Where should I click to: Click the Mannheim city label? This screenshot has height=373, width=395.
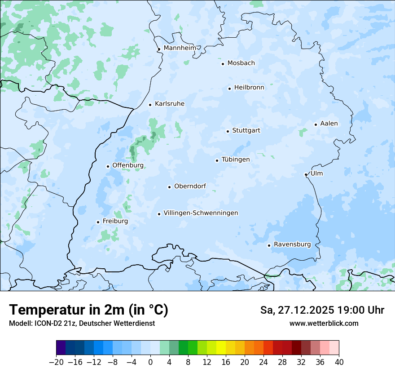180,48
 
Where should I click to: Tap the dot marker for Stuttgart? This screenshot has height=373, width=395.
228,131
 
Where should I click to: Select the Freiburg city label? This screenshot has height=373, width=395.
115,221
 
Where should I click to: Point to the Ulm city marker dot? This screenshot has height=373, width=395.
306,174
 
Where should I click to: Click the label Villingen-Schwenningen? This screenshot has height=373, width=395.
201,213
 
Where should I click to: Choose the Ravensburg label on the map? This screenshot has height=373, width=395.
292,244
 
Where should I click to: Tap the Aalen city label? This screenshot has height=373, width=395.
329,124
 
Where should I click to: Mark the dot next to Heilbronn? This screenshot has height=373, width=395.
229,89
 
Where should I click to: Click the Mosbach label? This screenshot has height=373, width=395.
241,63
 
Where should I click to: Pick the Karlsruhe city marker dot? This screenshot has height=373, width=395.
150,105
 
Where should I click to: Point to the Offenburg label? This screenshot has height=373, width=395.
128,165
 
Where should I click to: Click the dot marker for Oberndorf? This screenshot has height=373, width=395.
170,187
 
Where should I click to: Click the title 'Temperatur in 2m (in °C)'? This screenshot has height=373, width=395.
88,310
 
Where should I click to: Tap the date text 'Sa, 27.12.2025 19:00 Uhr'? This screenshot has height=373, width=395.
322,310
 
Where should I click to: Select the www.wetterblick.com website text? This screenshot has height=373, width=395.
324,323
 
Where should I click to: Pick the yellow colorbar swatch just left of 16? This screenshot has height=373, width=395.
221,348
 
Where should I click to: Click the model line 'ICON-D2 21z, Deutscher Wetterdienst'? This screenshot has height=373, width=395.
82,323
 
